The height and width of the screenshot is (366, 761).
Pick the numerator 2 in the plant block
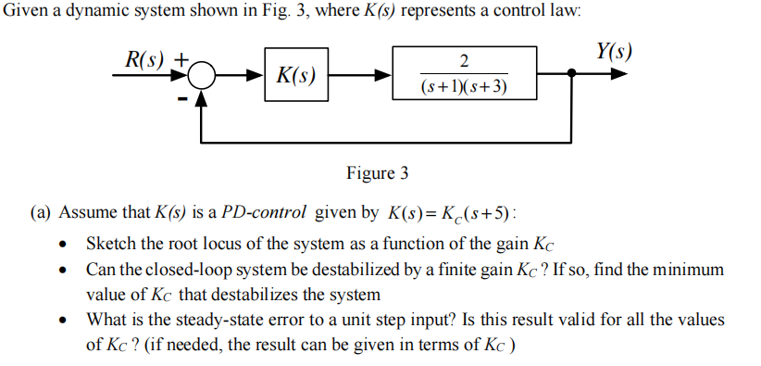tap(464, 61)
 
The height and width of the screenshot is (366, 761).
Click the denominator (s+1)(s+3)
tap(464, 88)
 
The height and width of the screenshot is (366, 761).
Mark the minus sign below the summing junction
tap(182, 96)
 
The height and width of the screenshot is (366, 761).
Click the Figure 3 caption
tap(377, 173)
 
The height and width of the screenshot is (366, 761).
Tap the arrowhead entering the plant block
tap(383, 75)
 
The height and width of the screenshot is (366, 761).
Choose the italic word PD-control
tap(265, 212)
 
